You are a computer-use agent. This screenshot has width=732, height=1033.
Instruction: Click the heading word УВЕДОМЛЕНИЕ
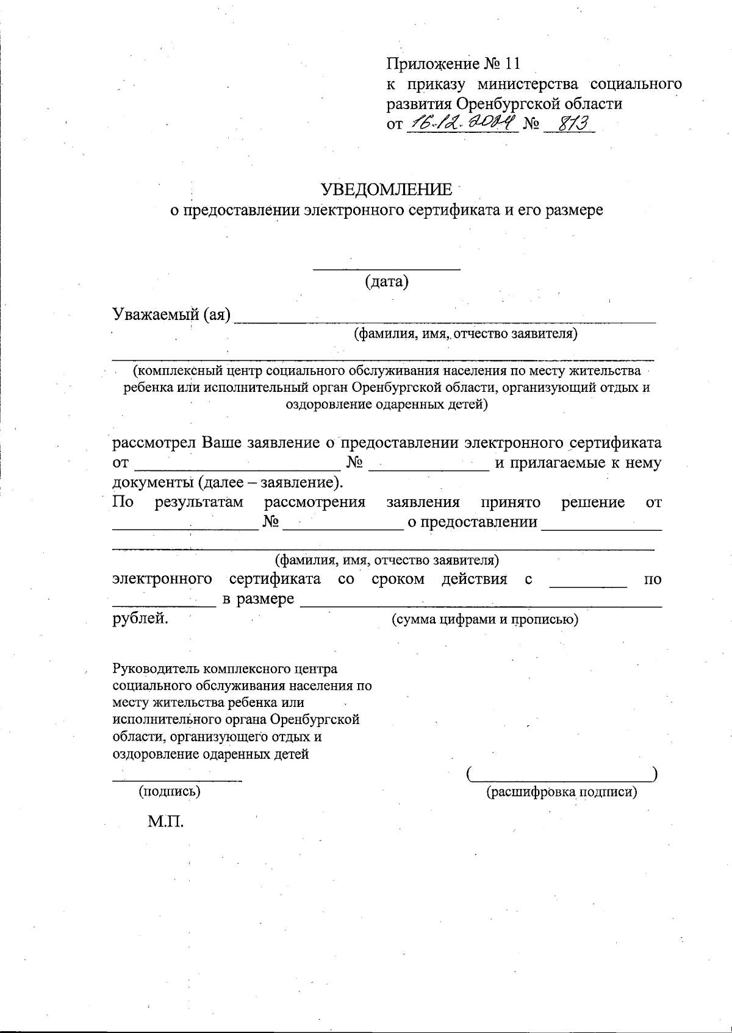click(387, 190)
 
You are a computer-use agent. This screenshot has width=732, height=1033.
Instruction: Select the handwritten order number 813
click(568, 124)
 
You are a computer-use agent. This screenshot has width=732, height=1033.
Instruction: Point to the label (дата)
click(386, 282)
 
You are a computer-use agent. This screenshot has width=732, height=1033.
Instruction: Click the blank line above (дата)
click(386, 268)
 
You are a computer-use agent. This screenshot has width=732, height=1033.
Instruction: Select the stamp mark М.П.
click(165, 822)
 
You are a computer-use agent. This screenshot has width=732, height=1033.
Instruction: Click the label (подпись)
click(170, 792)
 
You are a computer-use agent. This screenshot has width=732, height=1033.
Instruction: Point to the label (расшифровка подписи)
click(561, 792)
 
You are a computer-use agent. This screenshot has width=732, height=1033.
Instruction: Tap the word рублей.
click(140, 619)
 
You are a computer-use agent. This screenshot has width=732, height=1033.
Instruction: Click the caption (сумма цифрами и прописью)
click(484, 619)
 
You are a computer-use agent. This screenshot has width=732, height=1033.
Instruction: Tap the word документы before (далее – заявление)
click(153, 482)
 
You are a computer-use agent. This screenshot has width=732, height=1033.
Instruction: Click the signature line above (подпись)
click(177, 779)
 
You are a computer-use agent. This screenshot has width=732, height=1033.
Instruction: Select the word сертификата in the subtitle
click(445, 210)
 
